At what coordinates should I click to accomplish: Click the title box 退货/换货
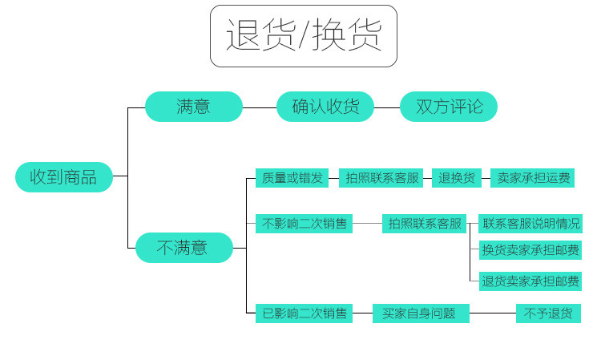click(304, 36)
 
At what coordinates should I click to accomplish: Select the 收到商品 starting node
click(64, 176)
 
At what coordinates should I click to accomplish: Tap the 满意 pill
click(193, 107)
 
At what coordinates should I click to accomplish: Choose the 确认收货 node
click(325, 107)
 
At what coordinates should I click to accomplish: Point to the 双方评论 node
click(449, 107)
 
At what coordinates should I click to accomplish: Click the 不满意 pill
click(184, 248)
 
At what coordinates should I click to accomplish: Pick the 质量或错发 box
click(292, 178)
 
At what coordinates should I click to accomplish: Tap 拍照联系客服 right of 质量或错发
click(382, 178)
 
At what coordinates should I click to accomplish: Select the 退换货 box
click(456, 178)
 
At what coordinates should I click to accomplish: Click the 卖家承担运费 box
click(533, 178)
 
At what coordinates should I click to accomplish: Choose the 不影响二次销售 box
click(304, 224)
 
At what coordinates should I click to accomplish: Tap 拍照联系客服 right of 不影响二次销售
click(426, 224)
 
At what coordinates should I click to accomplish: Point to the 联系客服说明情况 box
click(530, 224)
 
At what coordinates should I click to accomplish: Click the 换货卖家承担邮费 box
click(530, 250)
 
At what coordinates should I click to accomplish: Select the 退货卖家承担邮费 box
click(530, 281)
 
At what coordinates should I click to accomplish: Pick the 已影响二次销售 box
click(304, 313)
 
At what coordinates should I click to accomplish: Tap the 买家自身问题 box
click(420, 313)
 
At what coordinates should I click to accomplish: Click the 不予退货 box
click(548, 313)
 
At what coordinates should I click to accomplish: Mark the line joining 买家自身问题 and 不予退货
click(492, 313)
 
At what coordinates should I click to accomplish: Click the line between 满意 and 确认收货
click(260, 107)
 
